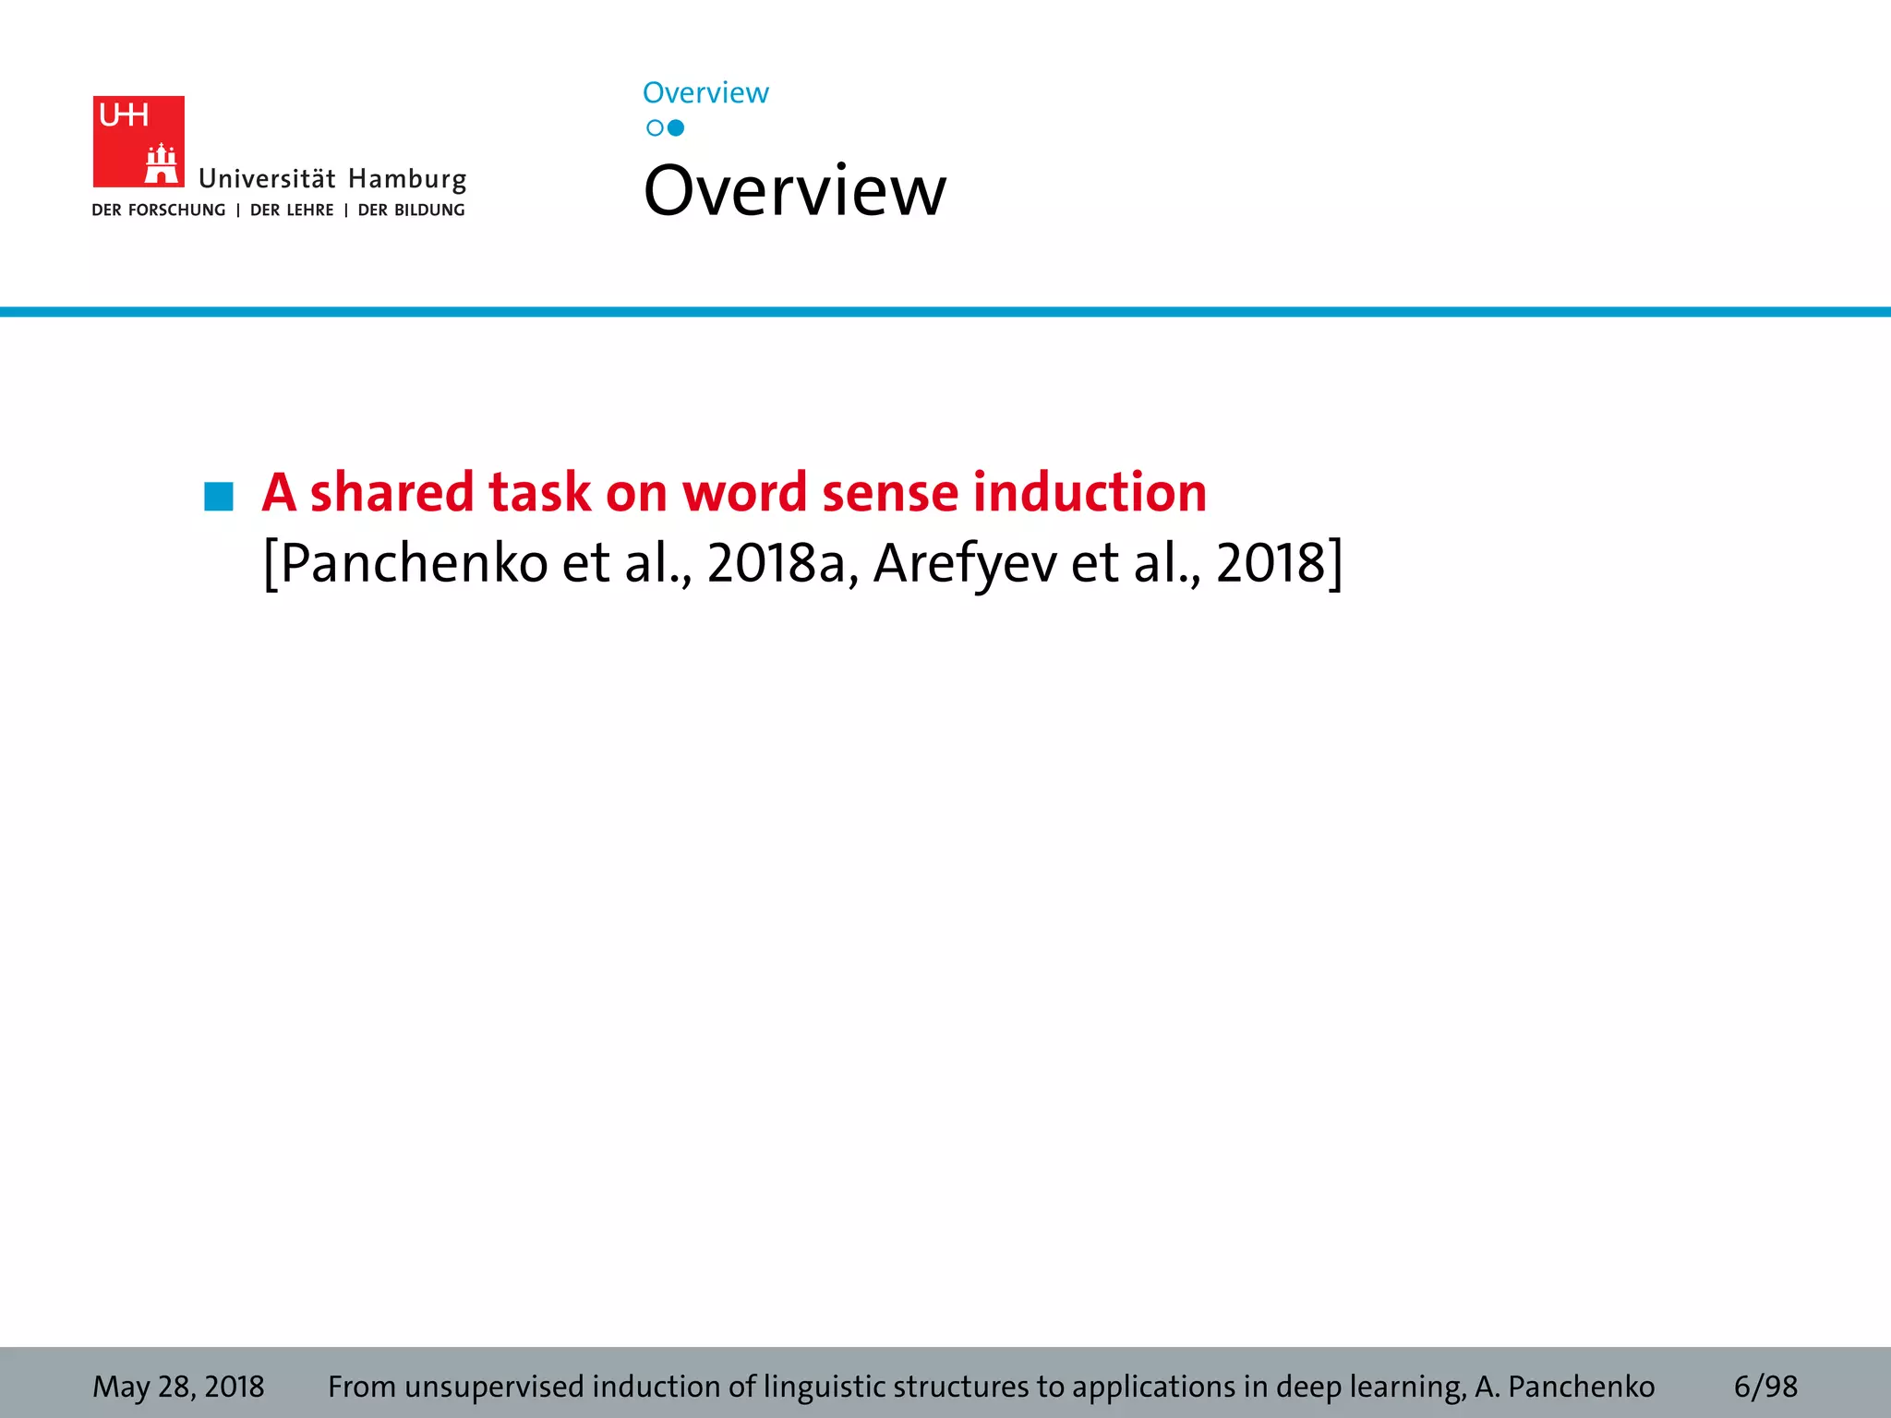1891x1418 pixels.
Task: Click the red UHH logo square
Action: pyautogui.click(x=139, y=140)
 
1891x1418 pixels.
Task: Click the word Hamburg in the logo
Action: pyautogui.click(x=407, y=179)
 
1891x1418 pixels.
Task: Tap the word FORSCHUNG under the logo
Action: pyautogui.click(x=176, y=210)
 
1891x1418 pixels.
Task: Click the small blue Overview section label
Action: pyautogui.click(x=705, y=93)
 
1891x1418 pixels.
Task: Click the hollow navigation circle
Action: pyautogui.click(x=655, y=128)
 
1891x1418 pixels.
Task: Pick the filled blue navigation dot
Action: pyautogui.click(x=676, y=128)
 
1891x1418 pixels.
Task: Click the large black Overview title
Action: pyautogui.click(x=794, y=191)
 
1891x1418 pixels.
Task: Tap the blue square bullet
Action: pyautogui.click(x=219, y=496)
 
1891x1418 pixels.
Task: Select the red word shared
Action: pyautogui.click(x=391, y=491)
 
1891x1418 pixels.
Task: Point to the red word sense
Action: pyautogui.click(x=890, y=491)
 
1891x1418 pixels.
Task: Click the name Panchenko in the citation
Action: pyautogui.click(x=414, y=563)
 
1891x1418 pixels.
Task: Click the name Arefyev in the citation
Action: pyautogui.click(x=965, y=563)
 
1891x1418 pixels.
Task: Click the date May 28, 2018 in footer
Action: pyautogui.click(x=178, y=1387)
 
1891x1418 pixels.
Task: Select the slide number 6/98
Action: pyautogui.click(x=1765, y=1387)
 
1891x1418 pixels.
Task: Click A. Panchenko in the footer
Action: pyautogui.click(x=1564, y=1387)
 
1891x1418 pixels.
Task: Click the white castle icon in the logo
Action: pyautogui.click(x=162, y=164)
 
